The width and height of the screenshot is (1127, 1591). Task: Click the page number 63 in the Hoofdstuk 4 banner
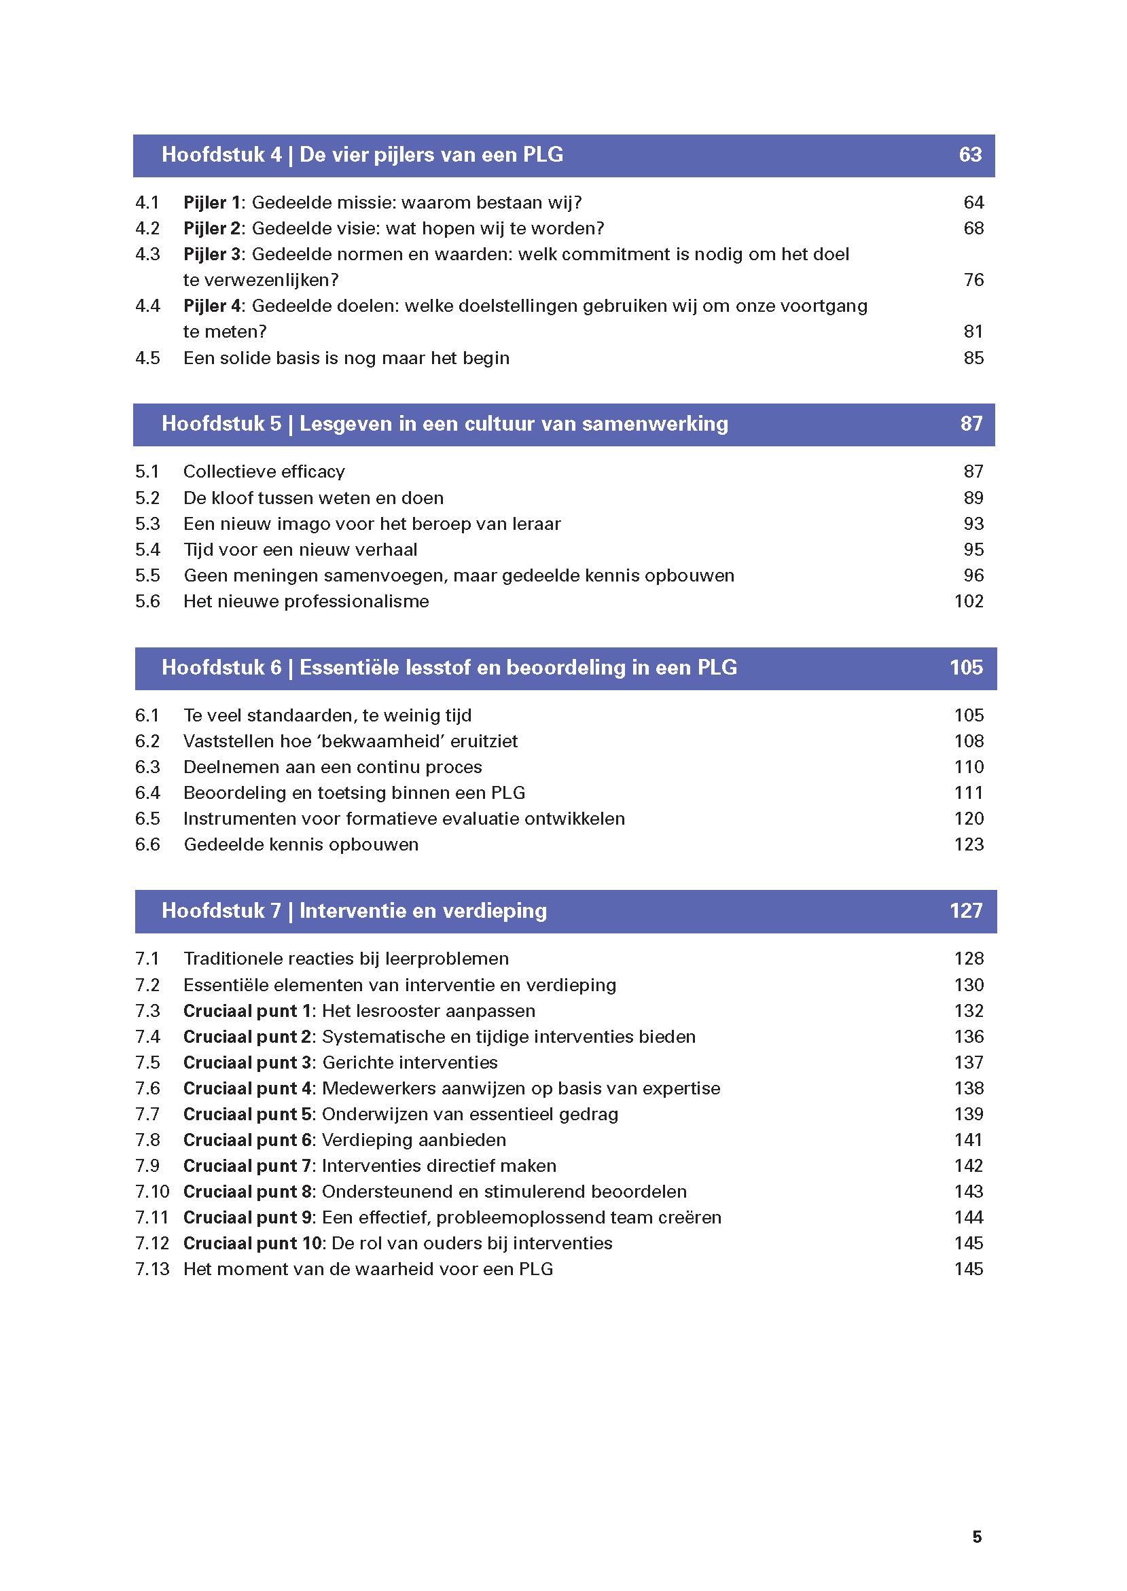(969, 154)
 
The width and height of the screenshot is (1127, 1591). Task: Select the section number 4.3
(147, 254)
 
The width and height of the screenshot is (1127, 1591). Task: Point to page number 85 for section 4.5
(973, 358)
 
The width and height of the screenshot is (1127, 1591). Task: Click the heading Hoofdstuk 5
(221, 423)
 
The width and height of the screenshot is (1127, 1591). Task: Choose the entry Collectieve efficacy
(264, 472)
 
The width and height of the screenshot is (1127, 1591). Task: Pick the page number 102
(968, 601)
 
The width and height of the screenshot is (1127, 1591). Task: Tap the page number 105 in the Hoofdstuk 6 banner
(965, 668)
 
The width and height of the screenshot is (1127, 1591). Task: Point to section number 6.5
(147, 819)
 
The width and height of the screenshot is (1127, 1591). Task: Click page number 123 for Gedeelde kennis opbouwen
(968, 844)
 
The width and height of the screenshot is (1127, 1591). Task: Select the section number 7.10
(151, 1192)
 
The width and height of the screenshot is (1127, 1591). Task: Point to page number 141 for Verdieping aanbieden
(968, 1140)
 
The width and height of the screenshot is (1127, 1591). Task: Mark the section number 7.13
(151, 1269)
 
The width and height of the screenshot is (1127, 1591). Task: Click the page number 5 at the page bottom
(976, 1537)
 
